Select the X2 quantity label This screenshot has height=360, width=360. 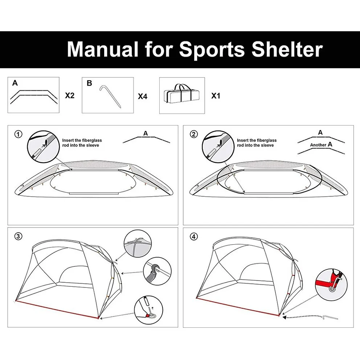pos(70,96)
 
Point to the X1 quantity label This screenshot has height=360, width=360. pos(216,96)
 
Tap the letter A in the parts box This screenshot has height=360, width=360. pos(15,83)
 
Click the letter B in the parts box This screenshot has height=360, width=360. pos(89,83)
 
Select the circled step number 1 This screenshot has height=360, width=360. pos(19,134)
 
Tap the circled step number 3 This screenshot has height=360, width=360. pos(19,236)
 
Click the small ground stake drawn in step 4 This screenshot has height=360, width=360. pos(330,317)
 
